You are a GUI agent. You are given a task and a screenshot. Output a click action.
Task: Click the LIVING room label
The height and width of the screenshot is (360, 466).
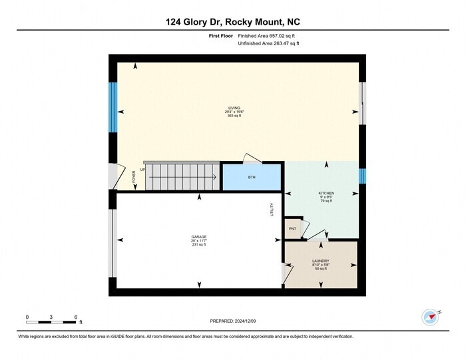coord(234,108)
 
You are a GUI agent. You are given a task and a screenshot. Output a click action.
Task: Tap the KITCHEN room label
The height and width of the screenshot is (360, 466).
coord(326,193)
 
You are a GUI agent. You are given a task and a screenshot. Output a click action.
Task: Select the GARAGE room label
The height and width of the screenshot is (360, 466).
coord(199,237)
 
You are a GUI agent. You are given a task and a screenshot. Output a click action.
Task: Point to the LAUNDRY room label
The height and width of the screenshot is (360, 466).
coord(321,261)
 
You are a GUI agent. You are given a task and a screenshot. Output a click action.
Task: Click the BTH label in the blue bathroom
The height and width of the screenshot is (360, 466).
coord(251,178)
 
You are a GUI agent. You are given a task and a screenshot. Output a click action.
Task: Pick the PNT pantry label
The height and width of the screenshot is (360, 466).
coord(292,228)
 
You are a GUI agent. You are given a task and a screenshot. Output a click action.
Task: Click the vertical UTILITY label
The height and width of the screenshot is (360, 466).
coord(272,210)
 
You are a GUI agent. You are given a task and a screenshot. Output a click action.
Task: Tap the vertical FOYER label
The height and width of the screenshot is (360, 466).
coord(134,177)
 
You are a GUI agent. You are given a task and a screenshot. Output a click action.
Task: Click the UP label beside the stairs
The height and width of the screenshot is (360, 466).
coord(142,169)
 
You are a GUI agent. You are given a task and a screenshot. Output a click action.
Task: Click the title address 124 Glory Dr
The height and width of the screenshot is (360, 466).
coord(233,22)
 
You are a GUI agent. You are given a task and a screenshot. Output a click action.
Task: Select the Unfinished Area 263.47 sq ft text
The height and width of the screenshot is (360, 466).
coord(268,43)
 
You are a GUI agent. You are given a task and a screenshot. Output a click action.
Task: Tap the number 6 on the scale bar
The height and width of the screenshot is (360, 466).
coord(76,317)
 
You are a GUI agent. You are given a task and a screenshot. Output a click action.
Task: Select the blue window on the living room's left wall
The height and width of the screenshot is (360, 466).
coord(113,107)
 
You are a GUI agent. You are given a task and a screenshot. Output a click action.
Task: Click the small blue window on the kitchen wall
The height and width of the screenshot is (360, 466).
coord(362,176)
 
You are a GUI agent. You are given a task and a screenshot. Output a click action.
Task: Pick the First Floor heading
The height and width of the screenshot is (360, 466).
coord(220,37)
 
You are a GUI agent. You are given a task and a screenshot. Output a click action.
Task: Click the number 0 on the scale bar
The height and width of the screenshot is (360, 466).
coord(27,317)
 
